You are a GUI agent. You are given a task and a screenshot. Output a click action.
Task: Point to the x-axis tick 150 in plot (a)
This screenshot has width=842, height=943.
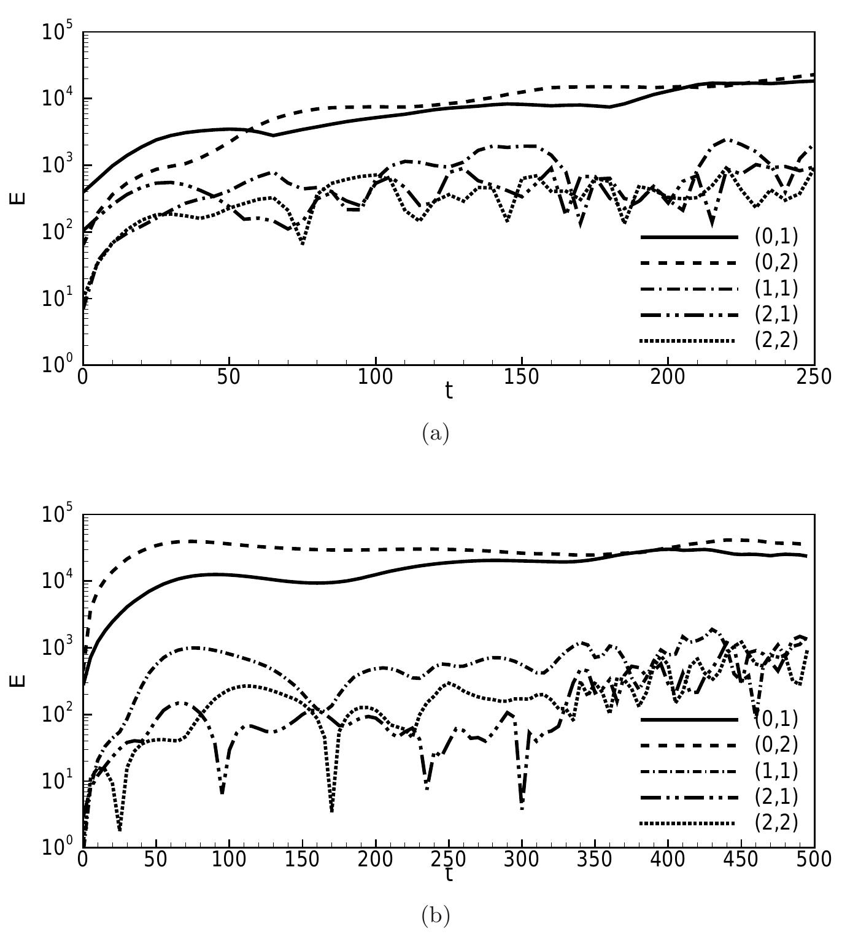click(522, 376)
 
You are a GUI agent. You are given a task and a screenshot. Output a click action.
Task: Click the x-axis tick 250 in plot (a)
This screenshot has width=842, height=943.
click(814, 376)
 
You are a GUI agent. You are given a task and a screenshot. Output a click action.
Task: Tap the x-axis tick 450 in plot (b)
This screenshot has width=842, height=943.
click(741, 859)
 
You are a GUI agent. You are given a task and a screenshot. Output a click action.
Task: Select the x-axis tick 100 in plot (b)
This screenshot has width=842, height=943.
click(229, 859)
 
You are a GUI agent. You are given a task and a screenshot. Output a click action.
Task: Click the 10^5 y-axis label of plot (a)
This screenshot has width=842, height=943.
click(58, 32)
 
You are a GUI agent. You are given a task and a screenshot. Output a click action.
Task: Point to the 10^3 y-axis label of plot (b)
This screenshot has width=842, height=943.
click(58, 648)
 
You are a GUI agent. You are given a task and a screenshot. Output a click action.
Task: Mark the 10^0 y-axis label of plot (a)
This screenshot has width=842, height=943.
click(58, 363)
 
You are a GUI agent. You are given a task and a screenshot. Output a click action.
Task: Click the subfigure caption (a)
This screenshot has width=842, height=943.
click(436, 434)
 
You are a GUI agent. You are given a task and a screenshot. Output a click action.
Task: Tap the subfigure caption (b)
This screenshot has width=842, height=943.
click(436, 916)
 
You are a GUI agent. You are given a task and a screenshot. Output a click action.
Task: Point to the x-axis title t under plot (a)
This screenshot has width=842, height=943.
click(449, 391)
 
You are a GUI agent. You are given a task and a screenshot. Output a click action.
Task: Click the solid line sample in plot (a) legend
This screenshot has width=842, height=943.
click(688, 237)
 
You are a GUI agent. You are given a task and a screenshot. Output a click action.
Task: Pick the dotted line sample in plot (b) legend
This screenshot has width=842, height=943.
click(688, 823)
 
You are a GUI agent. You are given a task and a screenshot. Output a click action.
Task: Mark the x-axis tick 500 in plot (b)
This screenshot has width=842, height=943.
click(814, 859)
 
